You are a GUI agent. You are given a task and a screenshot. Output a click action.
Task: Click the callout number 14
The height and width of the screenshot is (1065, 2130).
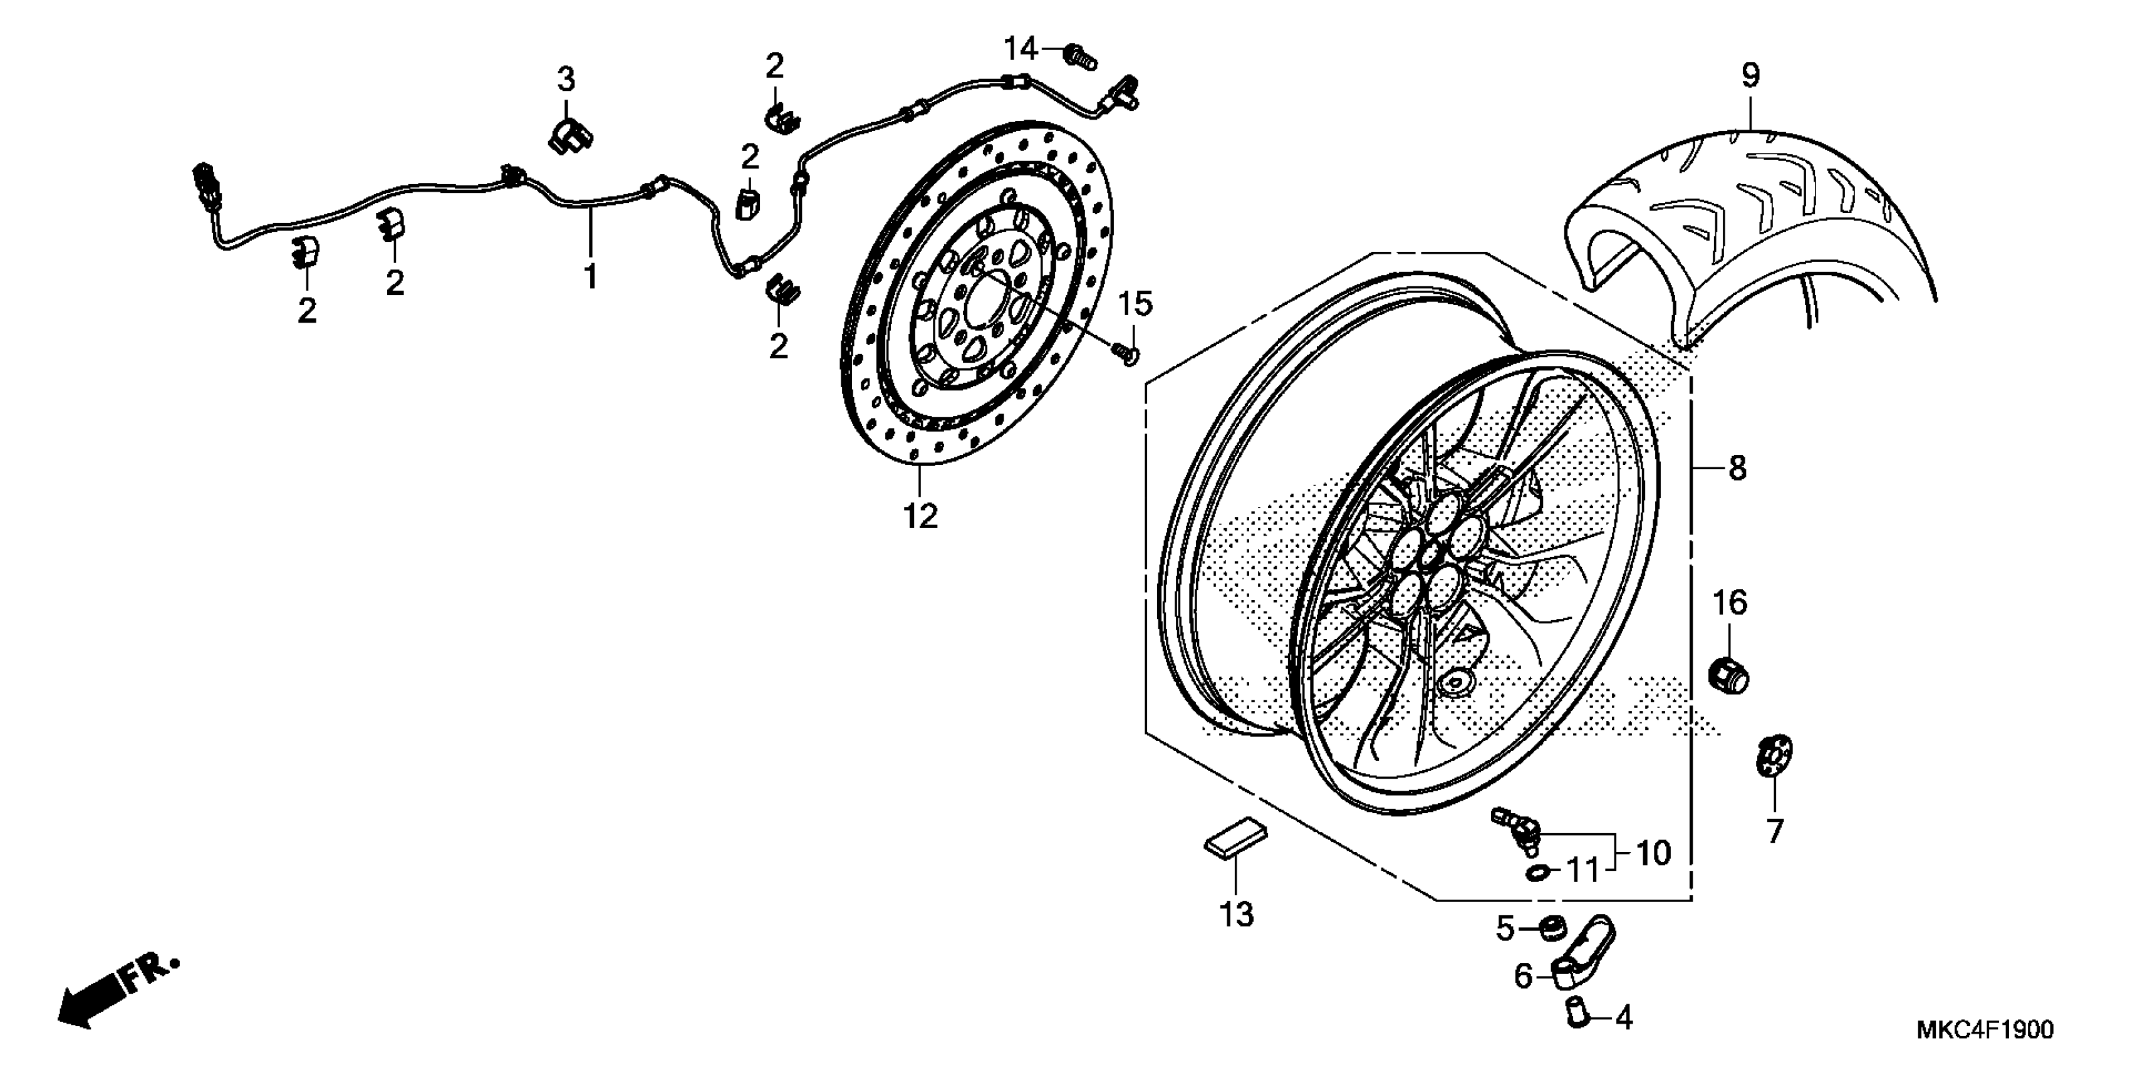1021,49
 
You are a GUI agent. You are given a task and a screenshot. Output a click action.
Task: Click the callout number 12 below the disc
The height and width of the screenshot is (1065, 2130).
920,516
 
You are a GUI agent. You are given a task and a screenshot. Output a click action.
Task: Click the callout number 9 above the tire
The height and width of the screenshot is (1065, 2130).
1750,76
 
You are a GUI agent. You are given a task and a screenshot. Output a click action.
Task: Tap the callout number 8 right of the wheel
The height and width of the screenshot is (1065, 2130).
1737,469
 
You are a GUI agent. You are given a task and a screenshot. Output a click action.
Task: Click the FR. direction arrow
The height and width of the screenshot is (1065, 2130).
116,992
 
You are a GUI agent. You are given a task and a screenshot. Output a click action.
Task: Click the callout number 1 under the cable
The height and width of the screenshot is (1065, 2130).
590,276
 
